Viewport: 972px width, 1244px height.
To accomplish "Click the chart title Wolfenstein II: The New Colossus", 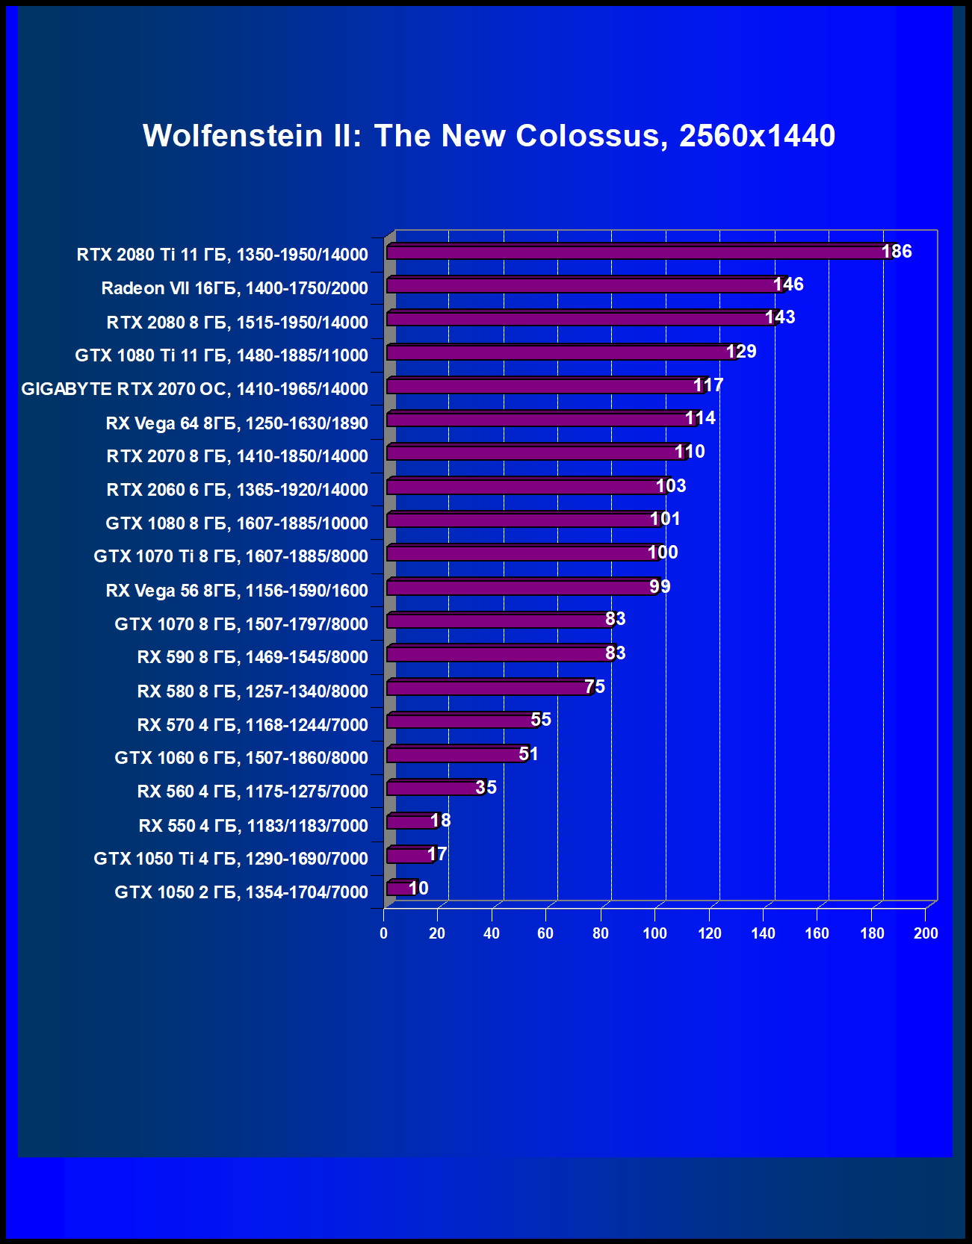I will click(489, 136).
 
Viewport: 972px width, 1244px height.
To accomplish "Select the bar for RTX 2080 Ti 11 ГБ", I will click(635, 252).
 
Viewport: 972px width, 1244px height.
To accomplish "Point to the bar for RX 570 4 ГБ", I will click(460, 721).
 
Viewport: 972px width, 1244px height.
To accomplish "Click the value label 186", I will click(897, 252).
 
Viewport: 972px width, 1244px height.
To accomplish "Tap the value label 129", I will click(741, 352).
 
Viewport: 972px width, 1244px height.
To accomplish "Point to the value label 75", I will click(595, 687).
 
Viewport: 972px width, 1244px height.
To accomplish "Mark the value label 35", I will click(486, 788).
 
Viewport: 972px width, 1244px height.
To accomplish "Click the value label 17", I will click(437, 854).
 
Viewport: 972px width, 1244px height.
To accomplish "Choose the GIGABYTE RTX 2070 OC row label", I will click(194, 389).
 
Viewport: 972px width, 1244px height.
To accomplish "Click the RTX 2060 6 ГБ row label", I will click(237, 490).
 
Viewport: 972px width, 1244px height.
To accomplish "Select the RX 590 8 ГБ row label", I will click(253, 657).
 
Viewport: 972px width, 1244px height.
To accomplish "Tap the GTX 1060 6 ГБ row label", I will click(241, 758).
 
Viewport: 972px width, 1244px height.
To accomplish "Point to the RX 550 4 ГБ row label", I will click(253, 826).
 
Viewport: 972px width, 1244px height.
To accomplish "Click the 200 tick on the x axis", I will click(926, 933).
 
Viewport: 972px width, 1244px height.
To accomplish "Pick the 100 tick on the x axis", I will click(654, 933).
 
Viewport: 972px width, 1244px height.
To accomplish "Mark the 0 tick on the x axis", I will click(384, 933).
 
